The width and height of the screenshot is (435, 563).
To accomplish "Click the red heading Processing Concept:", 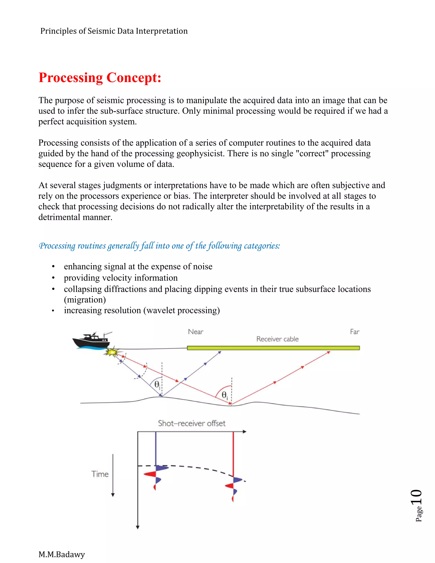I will point(100,78).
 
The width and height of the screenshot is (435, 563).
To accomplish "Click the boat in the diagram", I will point(92,341).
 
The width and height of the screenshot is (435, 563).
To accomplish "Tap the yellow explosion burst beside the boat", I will point(113,351).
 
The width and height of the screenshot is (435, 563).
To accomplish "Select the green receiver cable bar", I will point(273,348).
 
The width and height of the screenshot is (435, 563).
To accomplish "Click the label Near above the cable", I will point(196,332).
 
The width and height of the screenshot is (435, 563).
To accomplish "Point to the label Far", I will point(354,332).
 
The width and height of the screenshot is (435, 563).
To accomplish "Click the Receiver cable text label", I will point(277,339).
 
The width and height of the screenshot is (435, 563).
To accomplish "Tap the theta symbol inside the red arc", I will point(224,394).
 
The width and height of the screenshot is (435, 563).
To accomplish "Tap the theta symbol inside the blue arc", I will point(156,384).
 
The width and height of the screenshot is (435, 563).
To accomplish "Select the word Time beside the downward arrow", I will point(100,474).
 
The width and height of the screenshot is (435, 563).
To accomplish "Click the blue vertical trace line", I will point(156,448).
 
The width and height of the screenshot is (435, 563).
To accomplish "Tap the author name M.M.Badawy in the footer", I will point(62,554).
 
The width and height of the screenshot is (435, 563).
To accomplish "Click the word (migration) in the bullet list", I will point(85,300).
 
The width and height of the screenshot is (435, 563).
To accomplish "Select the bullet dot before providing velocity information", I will point(53,278).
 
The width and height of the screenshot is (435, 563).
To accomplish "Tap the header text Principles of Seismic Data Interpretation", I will point(114,31).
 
